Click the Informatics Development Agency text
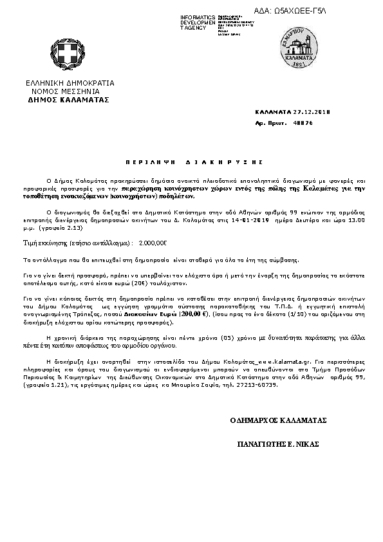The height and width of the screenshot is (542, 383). [198, 22]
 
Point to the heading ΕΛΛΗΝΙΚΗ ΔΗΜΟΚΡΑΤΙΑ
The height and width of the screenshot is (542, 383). [70, 84]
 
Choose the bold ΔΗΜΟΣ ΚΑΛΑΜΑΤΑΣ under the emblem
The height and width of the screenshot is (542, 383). [69, 100]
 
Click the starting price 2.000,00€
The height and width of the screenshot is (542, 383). [153, 243]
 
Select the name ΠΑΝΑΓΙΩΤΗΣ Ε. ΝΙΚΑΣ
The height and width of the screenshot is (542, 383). [278, 445]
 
